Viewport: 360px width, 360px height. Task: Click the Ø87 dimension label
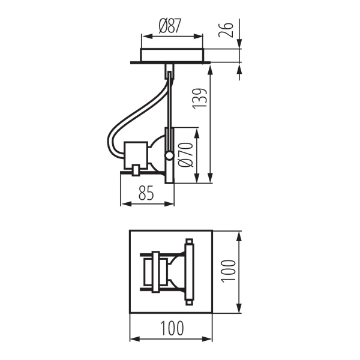pyautogui.click(x=170, y=26)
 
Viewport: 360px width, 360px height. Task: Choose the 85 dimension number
pyautogui.click(x=146, y=193)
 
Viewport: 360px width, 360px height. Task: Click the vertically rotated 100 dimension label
pyautogui.click(x=226, y=270)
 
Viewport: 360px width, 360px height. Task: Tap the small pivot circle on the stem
pyautogui.click(x=170, y=156)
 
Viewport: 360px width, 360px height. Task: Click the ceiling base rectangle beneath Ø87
pyautogui.click(x=172, y=55)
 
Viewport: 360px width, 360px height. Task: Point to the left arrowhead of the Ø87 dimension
pyautogui.click(x=143, y=35)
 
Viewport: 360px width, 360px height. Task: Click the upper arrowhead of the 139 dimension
pyautogui.click(x=210, y=68)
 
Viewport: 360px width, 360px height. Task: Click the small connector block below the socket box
pyautogui.click(x=137, y=170)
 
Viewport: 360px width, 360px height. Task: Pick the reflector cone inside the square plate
pyautogui.click(x=174, y=271)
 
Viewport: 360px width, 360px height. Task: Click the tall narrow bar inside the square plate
pyautogui.click(x=190, y=271)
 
